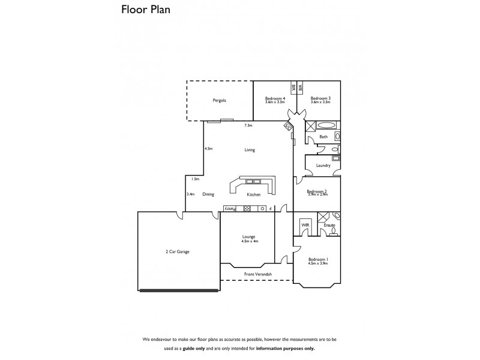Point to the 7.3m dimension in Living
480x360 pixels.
248,126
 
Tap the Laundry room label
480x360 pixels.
323,165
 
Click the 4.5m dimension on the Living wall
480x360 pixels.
209,149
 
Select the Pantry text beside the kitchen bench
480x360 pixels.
230,208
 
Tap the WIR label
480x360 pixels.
305,224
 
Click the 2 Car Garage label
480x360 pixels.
177,251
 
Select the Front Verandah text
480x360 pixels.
257,274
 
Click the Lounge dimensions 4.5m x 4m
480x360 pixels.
249,241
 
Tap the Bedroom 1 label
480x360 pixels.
318,259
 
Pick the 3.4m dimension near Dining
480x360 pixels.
190,194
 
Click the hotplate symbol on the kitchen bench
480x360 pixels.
247,208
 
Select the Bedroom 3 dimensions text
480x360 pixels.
321,102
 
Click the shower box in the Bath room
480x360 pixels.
311,126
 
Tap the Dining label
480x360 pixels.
208,194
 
